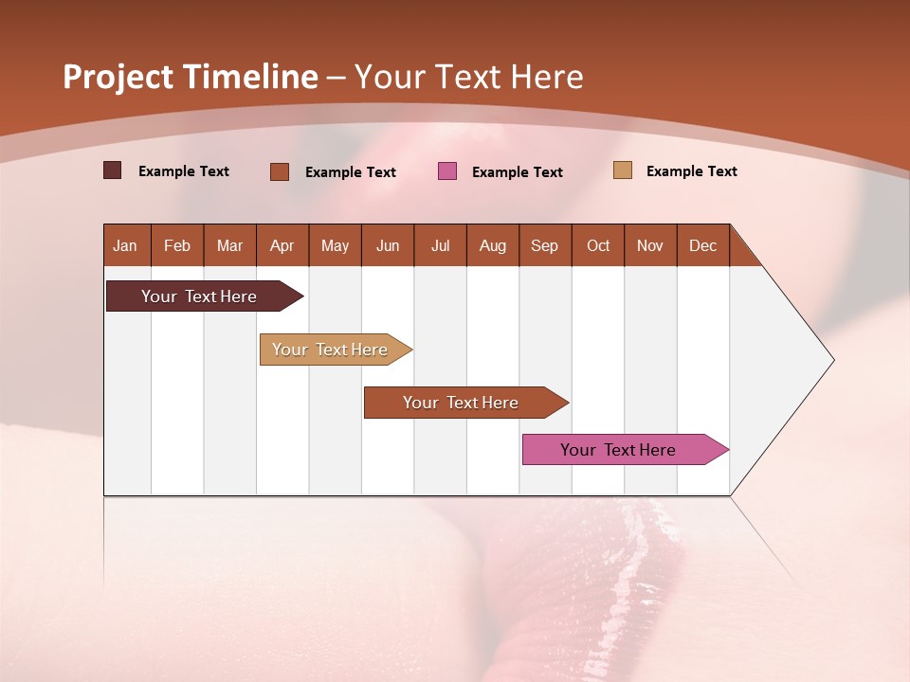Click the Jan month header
(126, 245)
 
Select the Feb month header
(177, 245)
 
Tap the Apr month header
(282, 245)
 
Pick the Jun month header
(388, 245)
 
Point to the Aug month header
(493, 245)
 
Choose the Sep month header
(545, 245)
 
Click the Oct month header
(598, 245)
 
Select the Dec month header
(703, 245)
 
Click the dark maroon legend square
(112, 170)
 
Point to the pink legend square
(447, 171)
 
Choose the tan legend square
(623, 170)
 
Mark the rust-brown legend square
(280, 171)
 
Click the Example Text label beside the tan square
(691, 171)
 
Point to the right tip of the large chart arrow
(832, 360)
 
